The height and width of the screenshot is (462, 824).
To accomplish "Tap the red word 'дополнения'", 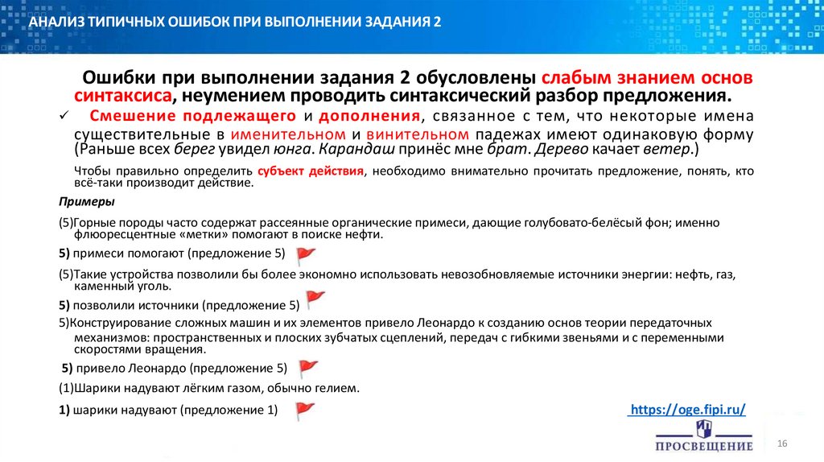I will pyautogui.click(x=371, y=116).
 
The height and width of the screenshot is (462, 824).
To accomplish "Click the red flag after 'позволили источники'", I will pyautogui.click(x=315, y=299).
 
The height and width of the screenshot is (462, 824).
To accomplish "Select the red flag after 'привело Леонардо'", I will pyautogui.click(x=309, y=369).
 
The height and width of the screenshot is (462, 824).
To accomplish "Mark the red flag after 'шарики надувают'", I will pyautogui.click(x=304, y=410).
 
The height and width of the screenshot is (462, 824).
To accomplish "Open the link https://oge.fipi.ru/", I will pyautogui.click(x=686, y=410).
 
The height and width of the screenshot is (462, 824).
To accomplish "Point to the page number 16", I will pyautogui.click(x=781, y=445).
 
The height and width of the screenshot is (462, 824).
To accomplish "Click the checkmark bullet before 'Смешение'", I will pyautogui.click(x=65, y=117).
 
